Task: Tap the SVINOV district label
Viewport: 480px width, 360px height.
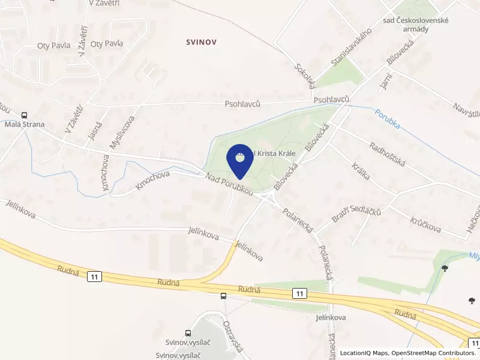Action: pyautogui.click(x=200, y=42)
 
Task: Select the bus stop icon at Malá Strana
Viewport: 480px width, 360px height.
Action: pyautogui.click(x=25, y=115)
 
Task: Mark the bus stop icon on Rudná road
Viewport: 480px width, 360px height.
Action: pyautogui.click(x=223, y=295)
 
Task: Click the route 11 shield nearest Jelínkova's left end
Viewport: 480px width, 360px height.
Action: pyautogui.click(x=94, y=276)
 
